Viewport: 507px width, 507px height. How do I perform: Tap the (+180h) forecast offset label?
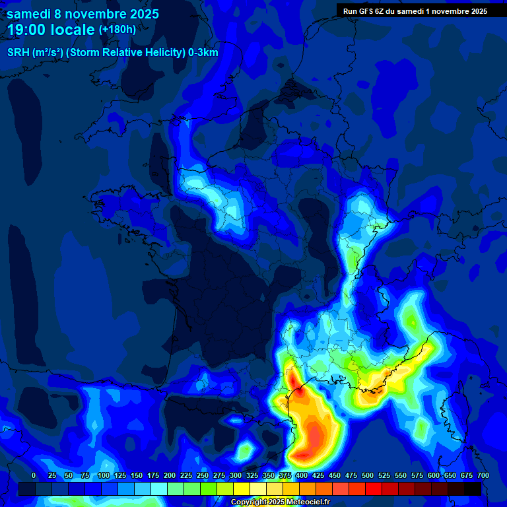pos(118,29)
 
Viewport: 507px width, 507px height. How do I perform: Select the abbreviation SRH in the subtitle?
pos(18,53)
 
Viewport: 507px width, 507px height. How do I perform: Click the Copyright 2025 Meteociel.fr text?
pos(280,502)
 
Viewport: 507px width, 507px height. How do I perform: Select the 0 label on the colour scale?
pos(34,475)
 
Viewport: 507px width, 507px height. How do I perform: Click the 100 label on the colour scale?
pos(104,475)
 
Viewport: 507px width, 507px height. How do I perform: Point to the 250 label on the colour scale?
pos(203,475)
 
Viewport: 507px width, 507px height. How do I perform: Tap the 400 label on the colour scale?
pos(302,475)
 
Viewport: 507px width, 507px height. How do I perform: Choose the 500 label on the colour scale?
pos(368,475)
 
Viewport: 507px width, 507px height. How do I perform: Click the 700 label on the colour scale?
pos(483,475)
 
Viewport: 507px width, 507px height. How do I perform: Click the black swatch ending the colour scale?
pos(473,489)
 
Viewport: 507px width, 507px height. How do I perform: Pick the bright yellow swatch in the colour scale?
pos(242,489)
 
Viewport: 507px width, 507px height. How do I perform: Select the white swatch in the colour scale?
pos(258,489)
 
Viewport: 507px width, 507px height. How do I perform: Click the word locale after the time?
pos(72,30)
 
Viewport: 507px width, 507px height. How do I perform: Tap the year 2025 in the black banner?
pos(476,11)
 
